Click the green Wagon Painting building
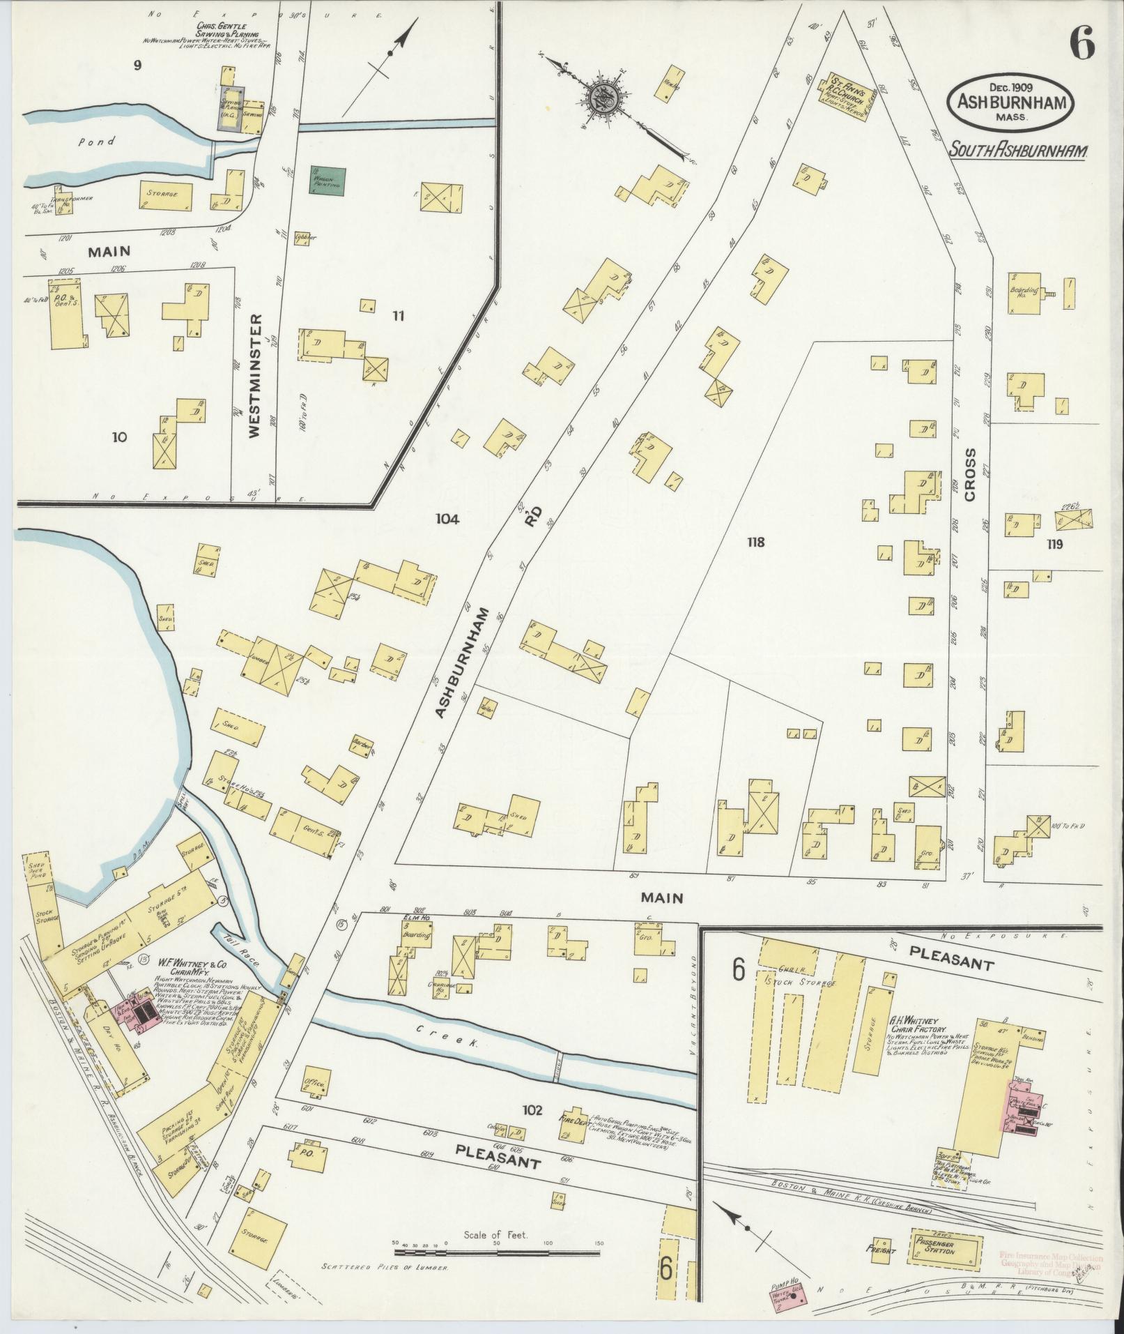tap(328, 181)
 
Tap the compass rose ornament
tap(601, 98)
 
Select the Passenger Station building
tap(946, 1243)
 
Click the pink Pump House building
tap(788, 1298)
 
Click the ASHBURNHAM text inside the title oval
tap(1009, 102)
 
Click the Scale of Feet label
tap(495, 1235)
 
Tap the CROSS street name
tap(970, 483)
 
